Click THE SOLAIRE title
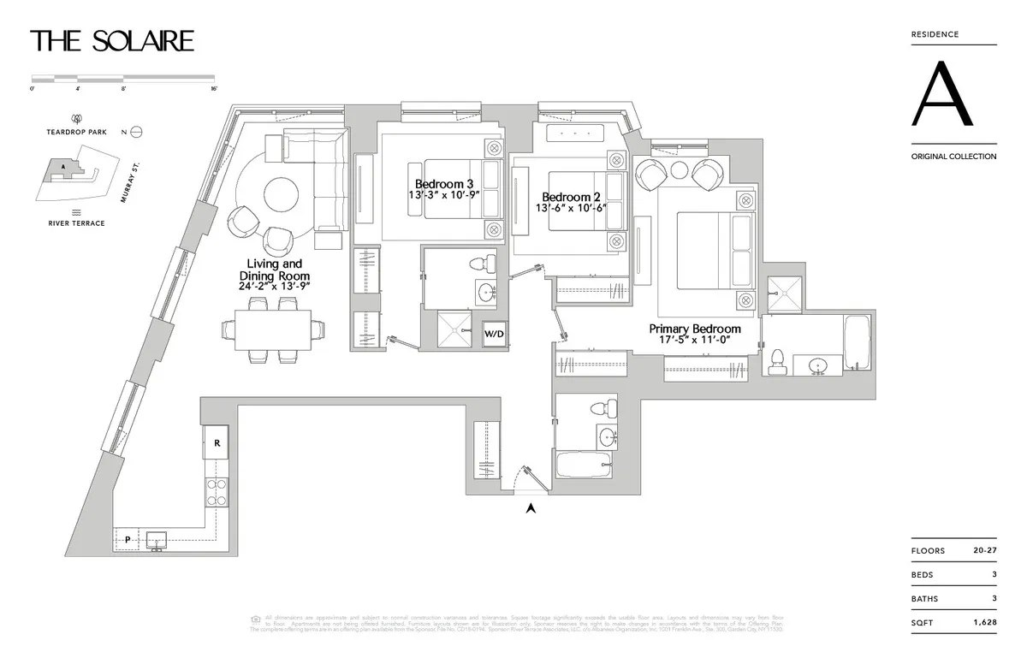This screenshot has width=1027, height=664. [112, 40]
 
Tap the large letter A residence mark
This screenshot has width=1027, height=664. [941, 94]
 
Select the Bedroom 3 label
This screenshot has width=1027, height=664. [444, 184]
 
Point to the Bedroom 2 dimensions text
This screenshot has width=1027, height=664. [571, 208]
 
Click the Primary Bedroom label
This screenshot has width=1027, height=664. [695, 329]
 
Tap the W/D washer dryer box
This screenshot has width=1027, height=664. [494, 334]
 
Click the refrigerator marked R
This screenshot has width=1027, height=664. [217, 444]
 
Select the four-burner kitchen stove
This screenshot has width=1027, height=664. [217, 490]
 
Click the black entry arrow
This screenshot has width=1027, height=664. [531, 508]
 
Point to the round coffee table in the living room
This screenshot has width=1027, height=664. [281, 194]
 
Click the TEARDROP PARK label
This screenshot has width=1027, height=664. [76, 133]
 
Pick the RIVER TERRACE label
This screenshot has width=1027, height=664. [76, 223]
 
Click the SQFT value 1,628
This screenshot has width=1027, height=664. [984, 623]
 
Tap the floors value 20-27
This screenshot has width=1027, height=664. [984, 551]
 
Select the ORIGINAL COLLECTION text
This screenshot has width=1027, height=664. [953, 157]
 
